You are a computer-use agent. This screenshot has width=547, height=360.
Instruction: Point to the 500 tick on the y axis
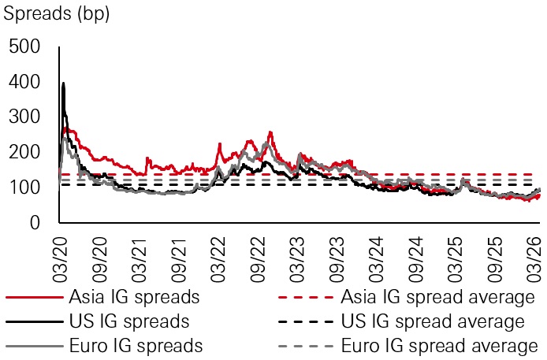24,47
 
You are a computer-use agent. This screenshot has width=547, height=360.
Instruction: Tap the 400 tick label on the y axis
24,83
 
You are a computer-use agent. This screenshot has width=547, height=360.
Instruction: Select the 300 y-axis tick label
24,118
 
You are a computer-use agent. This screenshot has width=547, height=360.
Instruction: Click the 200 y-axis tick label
24,153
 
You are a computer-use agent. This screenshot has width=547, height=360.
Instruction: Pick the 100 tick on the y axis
24,188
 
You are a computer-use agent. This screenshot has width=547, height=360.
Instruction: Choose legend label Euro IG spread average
437,346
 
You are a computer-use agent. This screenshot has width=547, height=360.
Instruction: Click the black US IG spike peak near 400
63,84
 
